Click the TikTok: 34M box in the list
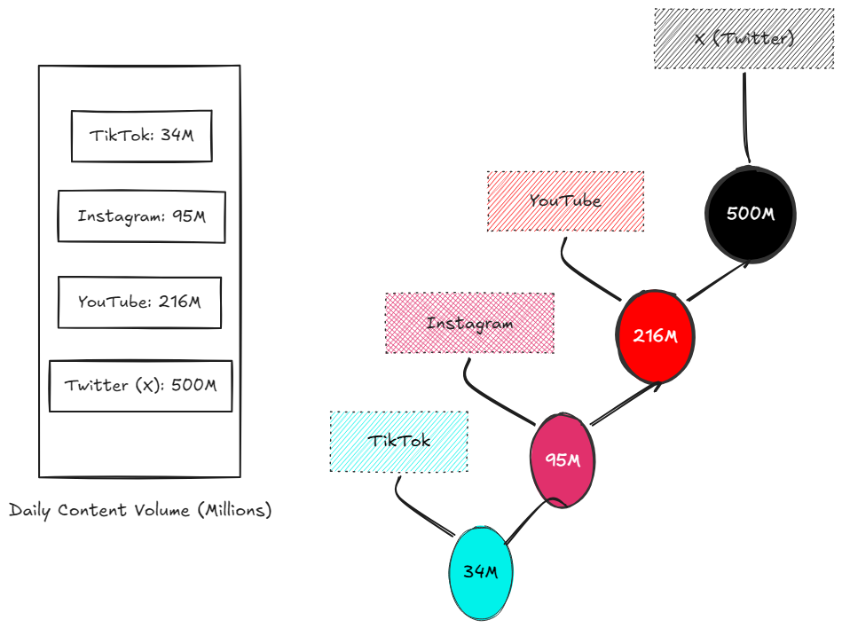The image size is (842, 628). coord(141,136)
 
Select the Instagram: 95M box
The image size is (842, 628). coord(141,216)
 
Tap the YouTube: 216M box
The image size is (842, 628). coord(139,302)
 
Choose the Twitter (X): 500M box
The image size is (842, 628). coord(140,386)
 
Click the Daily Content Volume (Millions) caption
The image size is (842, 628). coord(140,511)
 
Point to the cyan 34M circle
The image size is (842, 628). coord(481,572)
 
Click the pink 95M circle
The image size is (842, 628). coord(562,460)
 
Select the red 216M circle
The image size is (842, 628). coord(655,336)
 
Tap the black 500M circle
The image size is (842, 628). coord(750,214)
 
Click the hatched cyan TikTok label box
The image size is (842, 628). coord(398,441)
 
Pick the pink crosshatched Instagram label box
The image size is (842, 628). coord(469,323)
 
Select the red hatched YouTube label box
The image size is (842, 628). coord(565,201)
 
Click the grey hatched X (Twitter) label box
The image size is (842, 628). coord(744,39)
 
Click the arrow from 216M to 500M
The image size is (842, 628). coord(717,282)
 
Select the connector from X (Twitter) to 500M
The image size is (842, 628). coord(744,115)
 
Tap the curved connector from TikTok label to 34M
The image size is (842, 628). coord(417,506)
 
